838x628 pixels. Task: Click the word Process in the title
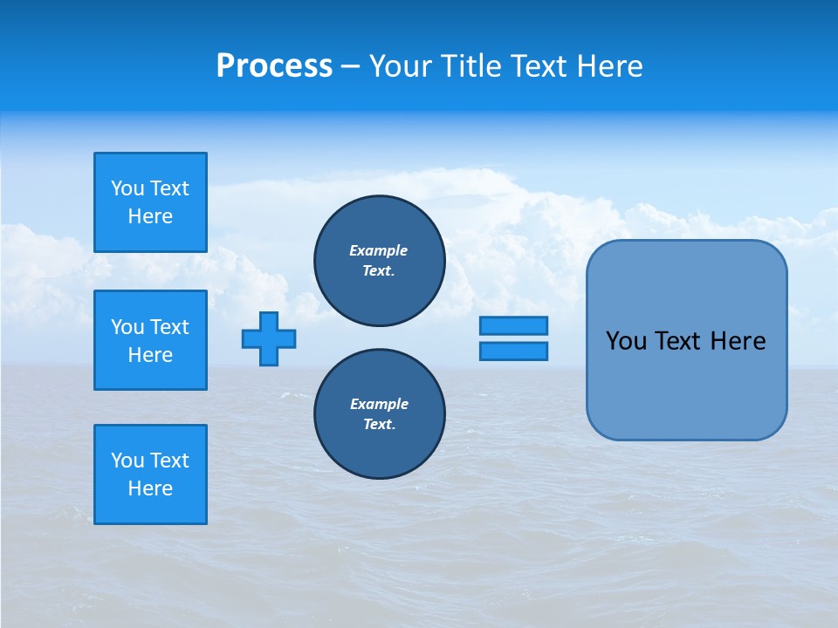(274, 66)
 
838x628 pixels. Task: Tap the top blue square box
(150, 202)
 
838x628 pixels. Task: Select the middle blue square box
(150, 340)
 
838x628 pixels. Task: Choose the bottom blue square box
(150, 474)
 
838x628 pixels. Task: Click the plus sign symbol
(269, 338)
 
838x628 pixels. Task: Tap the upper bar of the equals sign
(513, 326)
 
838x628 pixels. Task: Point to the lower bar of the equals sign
(513, 352)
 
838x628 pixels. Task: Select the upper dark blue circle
(380, 261)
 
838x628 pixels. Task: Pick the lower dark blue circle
(380, 414)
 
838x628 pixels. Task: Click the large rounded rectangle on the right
(686, 340)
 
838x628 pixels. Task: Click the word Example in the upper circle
(379, 250)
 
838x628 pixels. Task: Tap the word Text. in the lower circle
(379, 425)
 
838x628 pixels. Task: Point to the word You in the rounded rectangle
(625, 341)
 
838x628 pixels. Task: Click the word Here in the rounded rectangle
(738, 341)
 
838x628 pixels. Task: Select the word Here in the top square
(150, 216)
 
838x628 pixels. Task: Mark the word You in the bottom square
(127, 461)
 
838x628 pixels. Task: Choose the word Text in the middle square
(169, 327)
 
